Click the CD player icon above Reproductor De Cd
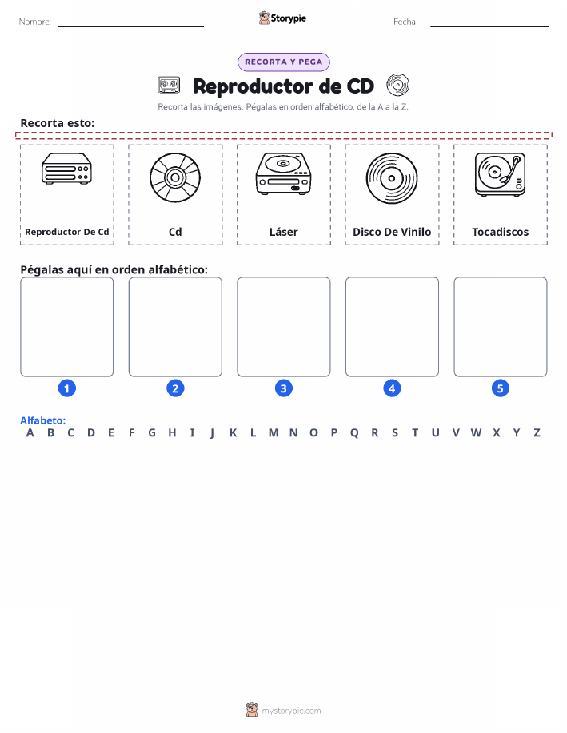(x=67, y=169)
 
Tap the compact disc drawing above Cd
(x=175, y=177)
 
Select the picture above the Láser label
(x=283, y=173)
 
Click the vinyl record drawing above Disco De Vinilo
(x=392, y=178)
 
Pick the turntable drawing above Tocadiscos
(x=500, y=174)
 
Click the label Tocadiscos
(x=500, y=232)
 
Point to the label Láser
(x=283, y=232)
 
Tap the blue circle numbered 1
(x=67, y=388)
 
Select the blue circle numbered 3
(x=283, y=388)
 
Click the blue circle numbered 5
(x=500, y=388)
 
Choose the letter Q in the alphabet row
(x=354, y=433)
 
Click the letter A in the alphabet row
(x=30, y=433)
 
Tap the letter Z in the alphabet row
(x=537, y=433)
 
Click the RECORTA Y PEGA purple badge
(x=283, y=62)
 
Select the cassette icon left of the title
(x=169, y=85)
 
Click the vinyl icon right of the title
(x=397, y=85)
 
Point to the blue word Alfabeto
(x=42, y=420)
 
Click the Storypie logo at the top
(x=282, y=18)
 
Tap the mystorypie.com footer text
(x=291, y=711)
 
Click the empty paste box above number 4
(x=392, y=327)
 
